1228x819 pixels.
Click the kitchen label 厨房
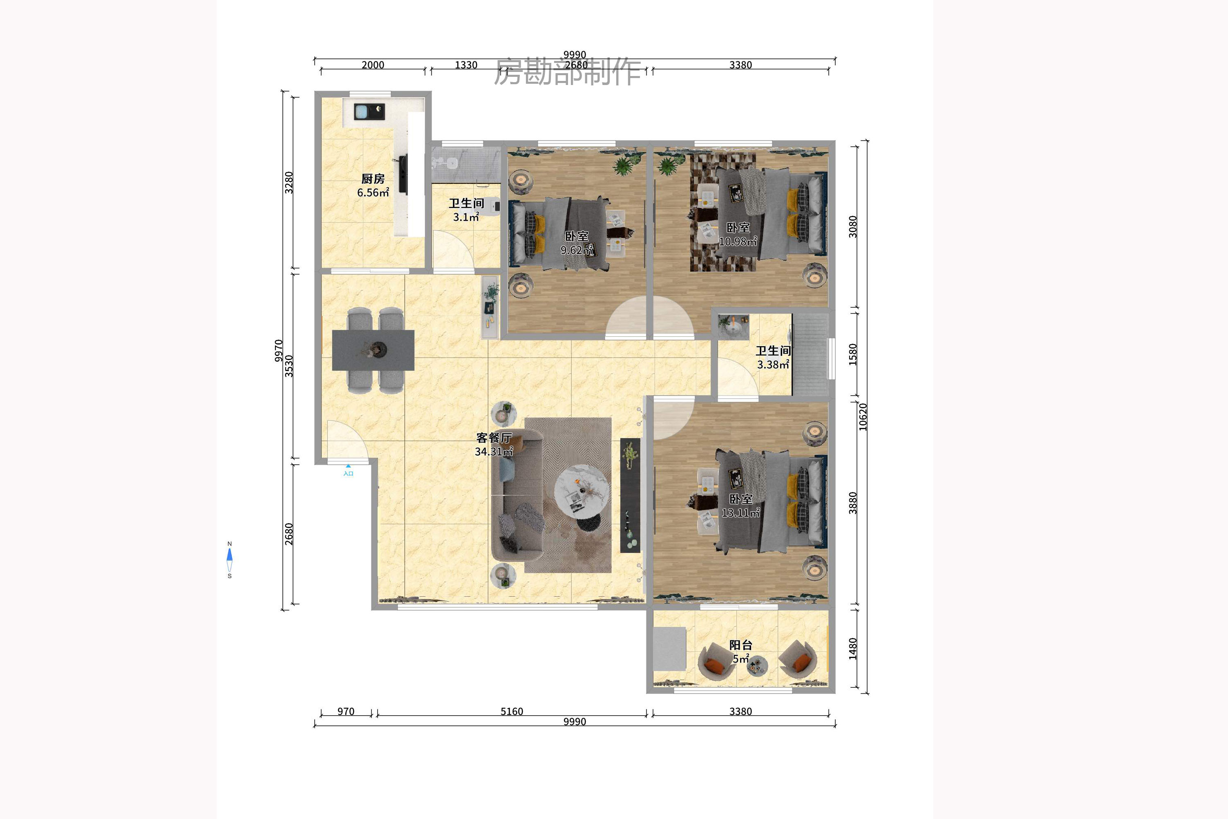[373, 179]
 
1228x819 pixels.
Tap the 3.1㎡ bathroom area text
[466, 217]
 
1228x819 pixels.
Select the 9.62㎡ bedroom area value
[577, 250]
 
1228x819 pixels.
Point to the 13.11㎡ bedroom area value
[740, 513]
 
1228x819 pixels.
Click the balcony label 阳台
[740, 645]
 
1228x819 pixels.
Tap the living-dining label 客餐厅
[494, 438]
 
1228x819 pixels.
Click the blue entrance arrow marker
[349, 466]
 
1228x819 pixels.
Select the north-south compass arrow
[229, 560]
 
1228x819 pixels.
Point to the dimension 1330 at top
[466, 65]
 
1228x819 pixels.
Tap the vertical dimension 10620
[863, 417]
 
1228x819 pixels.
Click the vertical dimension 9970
[278, 351]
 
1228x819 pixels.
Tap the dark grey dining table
[373, 350]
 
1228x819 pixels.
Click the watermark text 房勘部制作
[568, 71]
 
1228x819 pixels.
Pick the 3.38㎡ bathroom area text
[773, 365]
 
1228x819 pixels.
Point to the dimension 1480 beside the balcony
[853, 649]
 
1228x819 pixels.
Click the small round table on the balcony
[757, 666]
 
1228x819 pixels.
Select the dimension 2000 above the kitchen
[373, 65]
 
